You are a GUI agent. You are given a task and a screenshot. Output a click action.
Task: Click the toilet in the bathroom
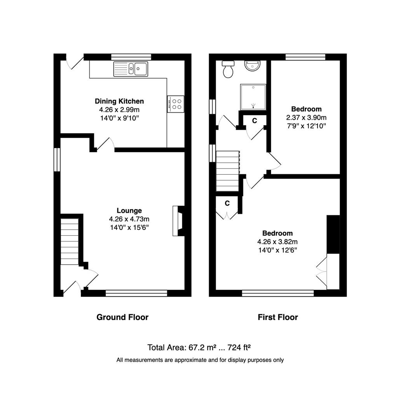click(x=228, y=69)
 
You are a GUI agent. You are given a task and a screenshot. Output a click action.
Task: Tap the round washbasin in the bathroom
click(x=252, y=66)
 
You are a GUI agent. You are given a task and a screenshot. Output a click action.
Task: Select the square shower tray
click(x=253, y=97)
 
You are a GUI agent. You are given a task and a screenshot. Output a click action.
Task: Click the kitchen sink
click(x=131, y=69)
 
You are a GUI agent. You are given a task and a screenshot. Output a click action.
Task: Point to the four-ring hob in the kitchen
click(x=176, y=104)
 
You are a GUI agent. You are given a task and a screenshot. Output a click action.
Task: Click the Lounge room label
click(x=129, y=210)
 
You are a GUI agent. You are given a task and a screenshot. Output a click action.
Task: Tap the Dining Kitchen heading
click(x=119, y=101)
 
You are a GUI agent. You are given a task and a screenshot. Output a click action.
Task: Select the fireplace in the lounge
click(x=178, y=221)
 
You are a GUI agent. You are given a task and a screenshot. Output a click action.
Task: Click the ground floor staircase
click(x=70, y=241)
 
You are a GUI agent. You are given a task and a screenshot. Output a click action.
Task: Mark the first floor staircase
click(x=227, y=171)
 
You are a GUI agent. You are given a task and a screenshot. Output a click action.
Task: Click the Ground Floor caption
click(x=122, y=317)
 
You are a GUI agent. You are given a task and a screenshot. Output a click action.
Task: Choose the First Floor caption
click(x=278, y=317)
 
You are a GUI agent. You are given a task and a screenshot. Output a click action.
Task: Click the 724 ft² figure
click(x=239, y=347)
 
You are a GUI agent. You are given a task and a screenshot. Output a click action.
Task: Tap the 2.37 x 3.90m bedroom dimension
click(x=306, y=117)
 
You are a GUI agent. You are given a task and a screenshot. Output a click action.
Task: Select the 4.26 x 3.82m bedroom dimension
click(x=278, y=241)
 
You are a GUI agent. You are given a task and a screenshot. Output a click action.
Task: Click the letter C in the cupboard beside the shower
click(x=254, y=121)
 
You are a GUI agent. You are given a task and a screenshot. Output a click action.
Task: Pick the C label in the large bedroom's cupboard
click(x=227, y=203)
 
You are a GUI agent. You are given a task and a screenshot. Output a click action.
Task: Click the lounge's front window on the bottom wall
click(x=136, y=293)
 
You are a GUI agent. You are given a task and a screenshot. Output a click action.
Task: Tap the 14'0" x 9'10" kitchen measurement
click(x=119, y=118)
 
